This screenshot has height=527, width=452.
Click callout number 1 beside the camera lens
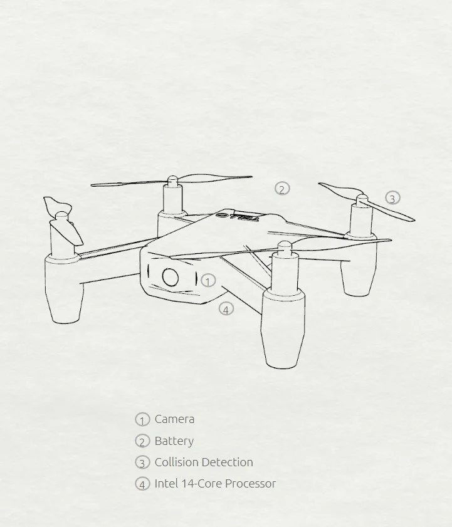[x=209, y=281]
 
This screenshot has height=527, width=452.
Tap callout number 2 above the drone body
[x=282, y=189]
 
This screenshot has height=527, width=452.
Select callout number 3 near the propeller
[x=392, y=198]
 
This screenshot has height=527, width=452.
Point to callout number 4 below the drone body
[x=226, y=308]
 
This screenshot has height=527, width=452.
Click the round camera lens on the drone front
[x=171, y=277]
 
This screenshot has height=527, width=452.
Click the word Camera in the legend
[x=174, y=419]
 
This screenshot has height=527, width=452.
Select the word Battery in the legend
[x=174, y=441]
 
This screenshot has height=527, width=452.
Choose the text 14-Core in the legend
[x=200, y=484]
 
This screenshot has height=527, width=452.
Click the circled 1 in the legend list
[x=142, y=420]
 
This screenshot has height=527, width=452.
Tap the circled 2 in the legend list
[x=142, y=441]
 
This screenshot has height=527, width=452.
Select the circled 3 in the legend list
[x=142, y=463]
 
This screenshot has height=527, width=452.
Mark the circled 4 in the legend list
[x=142, y=484]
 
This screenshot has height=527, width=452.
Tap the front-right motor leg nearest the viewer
[x=283, y=326]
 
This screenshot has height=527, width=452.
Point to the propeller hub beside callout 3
[x=362, y=201]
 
